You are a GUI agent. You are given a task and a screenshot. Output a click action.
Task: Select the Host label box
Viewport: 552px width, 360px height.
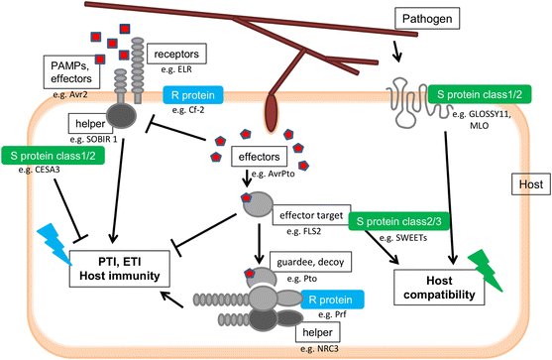pyautogui.click(x=525, y=185)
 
